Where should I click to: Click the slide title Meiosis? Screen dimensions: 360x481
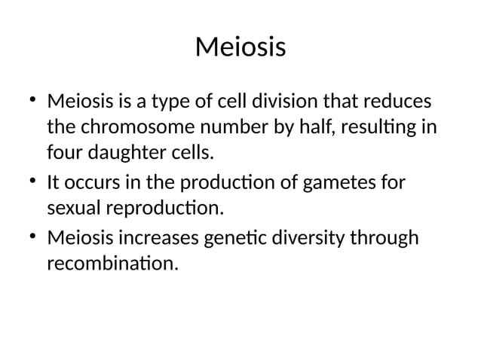pos(240,47)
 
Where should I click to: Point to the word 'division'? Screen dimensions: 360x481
pos(290,100)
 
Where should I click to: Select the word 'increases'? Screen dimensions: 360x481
pos(158,237)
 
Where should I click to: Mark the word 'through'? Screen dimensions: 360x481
pos(384,237)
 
